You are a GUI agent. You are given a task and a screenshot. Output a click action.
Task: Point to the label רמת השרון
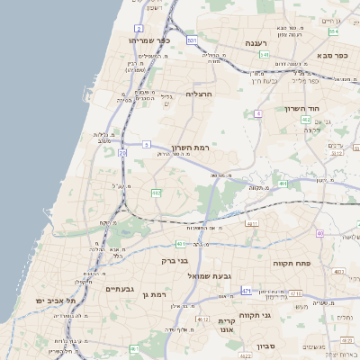[x=189, y=147]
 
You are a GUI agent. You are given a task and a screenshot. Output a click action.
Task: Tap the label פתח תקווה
[x=292, y=263]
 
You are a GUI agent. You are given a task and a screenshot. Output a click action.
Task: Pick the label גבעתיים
[x=120, y=289]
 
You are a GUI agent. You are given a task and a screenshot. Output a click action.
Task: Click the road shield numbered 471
[x=247, y=292]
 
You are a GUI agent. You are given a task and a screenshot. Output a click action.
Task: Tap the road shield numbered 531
[x=192, y=41]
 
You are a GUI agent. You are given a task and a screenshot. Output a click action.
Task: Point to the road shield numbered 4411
[x=252, y=223]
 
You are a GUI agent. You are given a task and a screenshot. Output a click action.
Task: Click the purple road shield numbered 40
[x=319, y=234]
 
